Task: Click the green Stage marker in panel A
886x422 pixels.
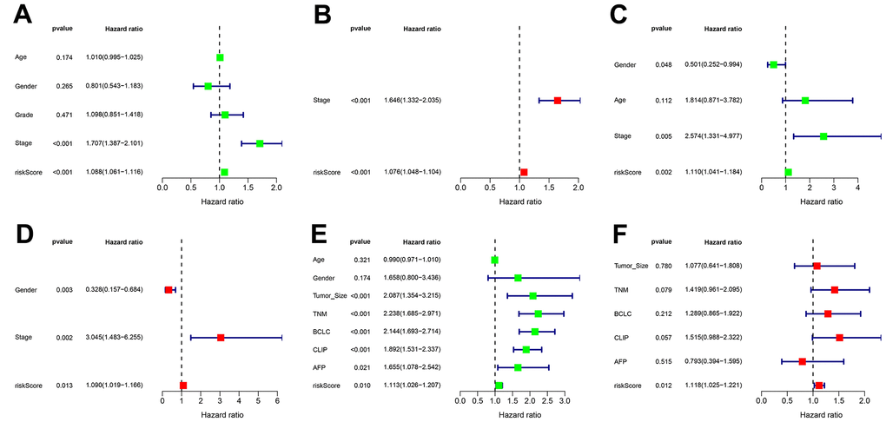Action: (x=260, y=143)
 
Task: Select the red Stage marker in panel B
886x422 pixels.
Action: (x=558, y=101)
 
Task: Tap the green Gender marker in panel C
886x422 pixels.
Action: (x=773, y=64)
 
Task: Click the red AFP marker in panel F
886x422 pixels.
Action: (x=802, y=360)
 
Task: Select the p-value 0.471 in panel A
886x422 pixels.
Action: (x=64, y=115)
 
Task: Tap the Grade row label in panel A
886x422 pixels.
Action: (x=24, y=115)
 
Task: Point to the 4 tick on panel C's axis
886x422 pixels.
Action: (x=857, y=187)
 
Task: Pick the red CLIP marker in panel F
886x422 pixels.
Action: (x=839, y=337)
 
